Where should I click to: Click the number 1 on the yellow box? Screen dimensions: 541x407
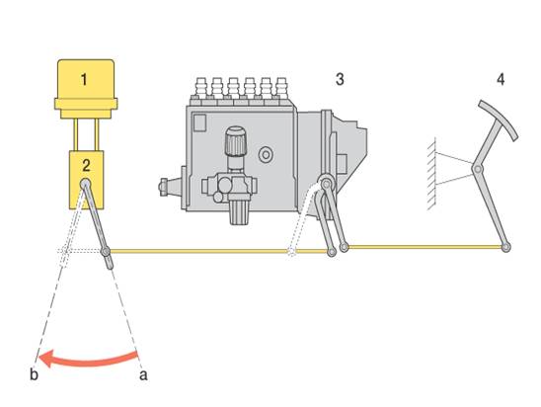pos(84,79)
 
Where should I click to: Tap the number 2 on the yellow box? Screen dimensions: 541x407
pos(86,165)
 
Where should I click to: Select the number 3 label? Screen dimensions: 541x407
pos(340,79)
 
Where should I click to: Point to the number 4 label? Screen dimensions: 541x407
pos(501,79)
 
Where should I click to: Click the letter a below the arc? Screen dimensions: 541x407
pos(143,375)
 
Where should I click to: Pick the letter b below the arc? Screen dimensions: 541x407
pos(34,374)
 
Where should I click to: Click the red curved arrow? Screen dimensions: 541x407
pos(88,360)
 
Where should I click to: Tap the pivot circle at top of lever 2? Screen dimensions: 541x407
pos(86,184)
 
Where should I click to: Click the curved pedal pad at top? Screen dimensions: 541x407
pos(499,120)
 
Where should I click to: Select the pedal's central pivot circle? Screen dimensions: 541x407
pos(478,169)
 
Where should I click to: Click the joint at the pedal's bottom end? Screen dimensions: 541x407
pos(505,247)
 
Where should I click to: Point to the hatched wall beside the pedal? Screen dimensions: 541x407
pos(431,174)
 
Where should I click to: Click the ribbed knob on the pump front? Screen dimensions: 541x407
pos(236,141)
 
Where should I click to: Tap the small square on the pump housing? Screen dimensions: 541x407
pos(199,122)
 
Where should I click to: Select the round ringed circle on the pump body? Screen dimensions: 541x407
pos(266,155)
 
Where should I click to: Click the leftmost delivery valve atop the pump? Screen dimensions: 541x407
pos(200,88)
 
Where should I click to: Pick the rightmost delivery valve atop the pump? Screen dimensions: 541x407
pos(282,88)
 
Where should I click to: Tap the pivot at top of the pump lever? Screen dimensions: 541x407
pos(326,184)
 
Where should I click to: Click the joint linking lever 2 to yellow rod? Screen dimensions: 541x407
pos(106,251)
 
